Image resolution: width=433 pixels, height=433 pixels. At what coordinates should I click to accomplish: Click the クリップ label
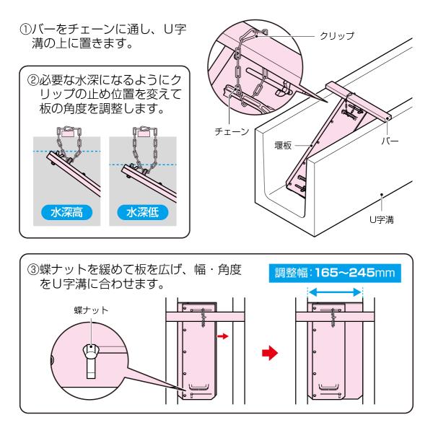pos(338,36)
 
